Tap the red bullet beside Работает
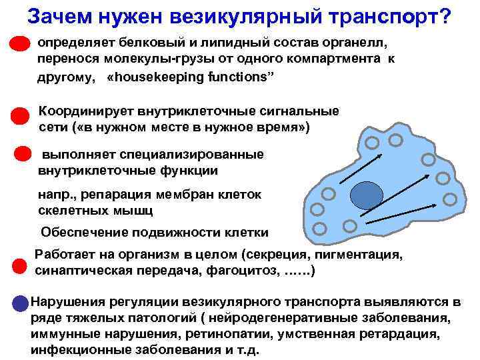[21, 266]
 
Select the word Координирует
[87, 111]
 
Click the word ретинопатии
[232, 333]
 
